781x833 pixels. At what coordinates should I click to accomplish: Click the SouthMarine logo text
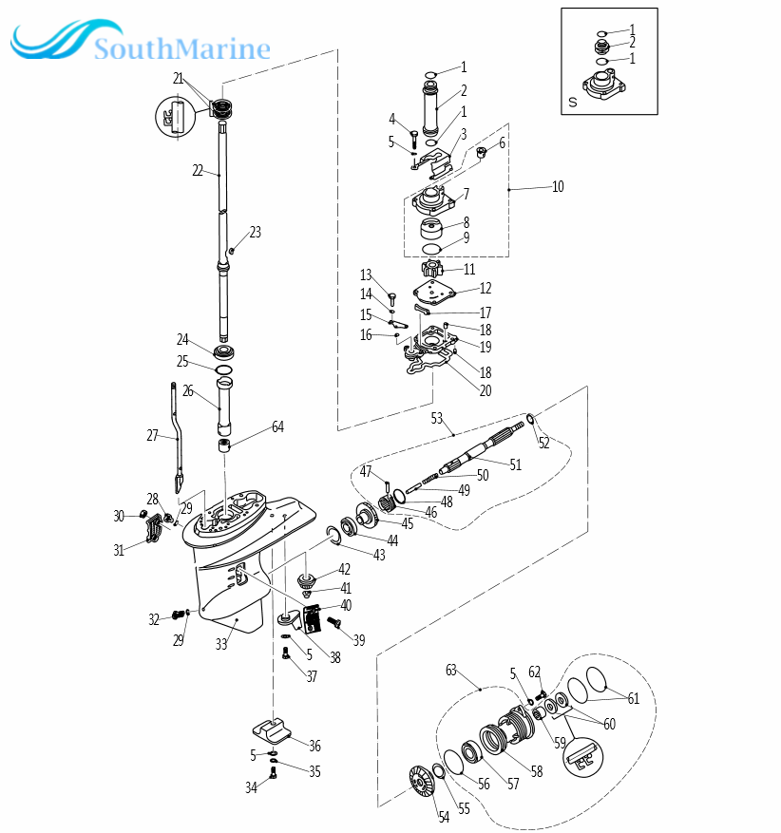[181, 47]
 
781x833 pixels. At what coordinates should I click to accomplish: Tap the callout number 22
[198, 171]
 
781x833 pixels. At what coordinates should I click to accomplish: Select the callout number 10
[558, 186]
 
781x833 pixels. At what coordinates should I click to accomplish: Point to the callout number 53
[437, 418]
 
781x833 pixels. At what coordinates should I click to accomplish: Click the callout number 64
[277, 427]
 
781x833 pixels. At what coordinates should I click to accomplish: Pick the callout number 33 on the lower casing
[221, 644]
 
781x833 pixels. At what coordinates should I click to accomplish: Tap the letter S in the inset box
[572, 102]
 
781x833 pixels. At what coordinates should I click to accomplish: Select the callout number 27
[152, 435]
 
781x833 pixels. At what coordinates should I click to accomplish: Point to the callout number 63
[451, 670]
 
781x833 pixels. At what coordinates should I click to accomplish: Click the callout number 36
[314, 746]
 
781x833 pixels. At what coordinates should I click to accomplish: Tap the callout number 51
[516, 464]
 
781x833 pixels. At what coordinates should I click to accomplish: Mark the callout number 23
[255, 232]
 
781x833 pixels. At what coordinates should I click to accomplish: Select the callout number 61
[634, 698]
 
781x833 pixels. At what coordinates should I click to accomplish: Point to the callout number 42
[344, 570]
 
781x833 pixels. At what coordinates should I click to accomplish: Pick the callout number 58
[537, 771]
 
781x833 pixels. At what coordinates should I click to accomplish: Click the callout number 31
[119, 550]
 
